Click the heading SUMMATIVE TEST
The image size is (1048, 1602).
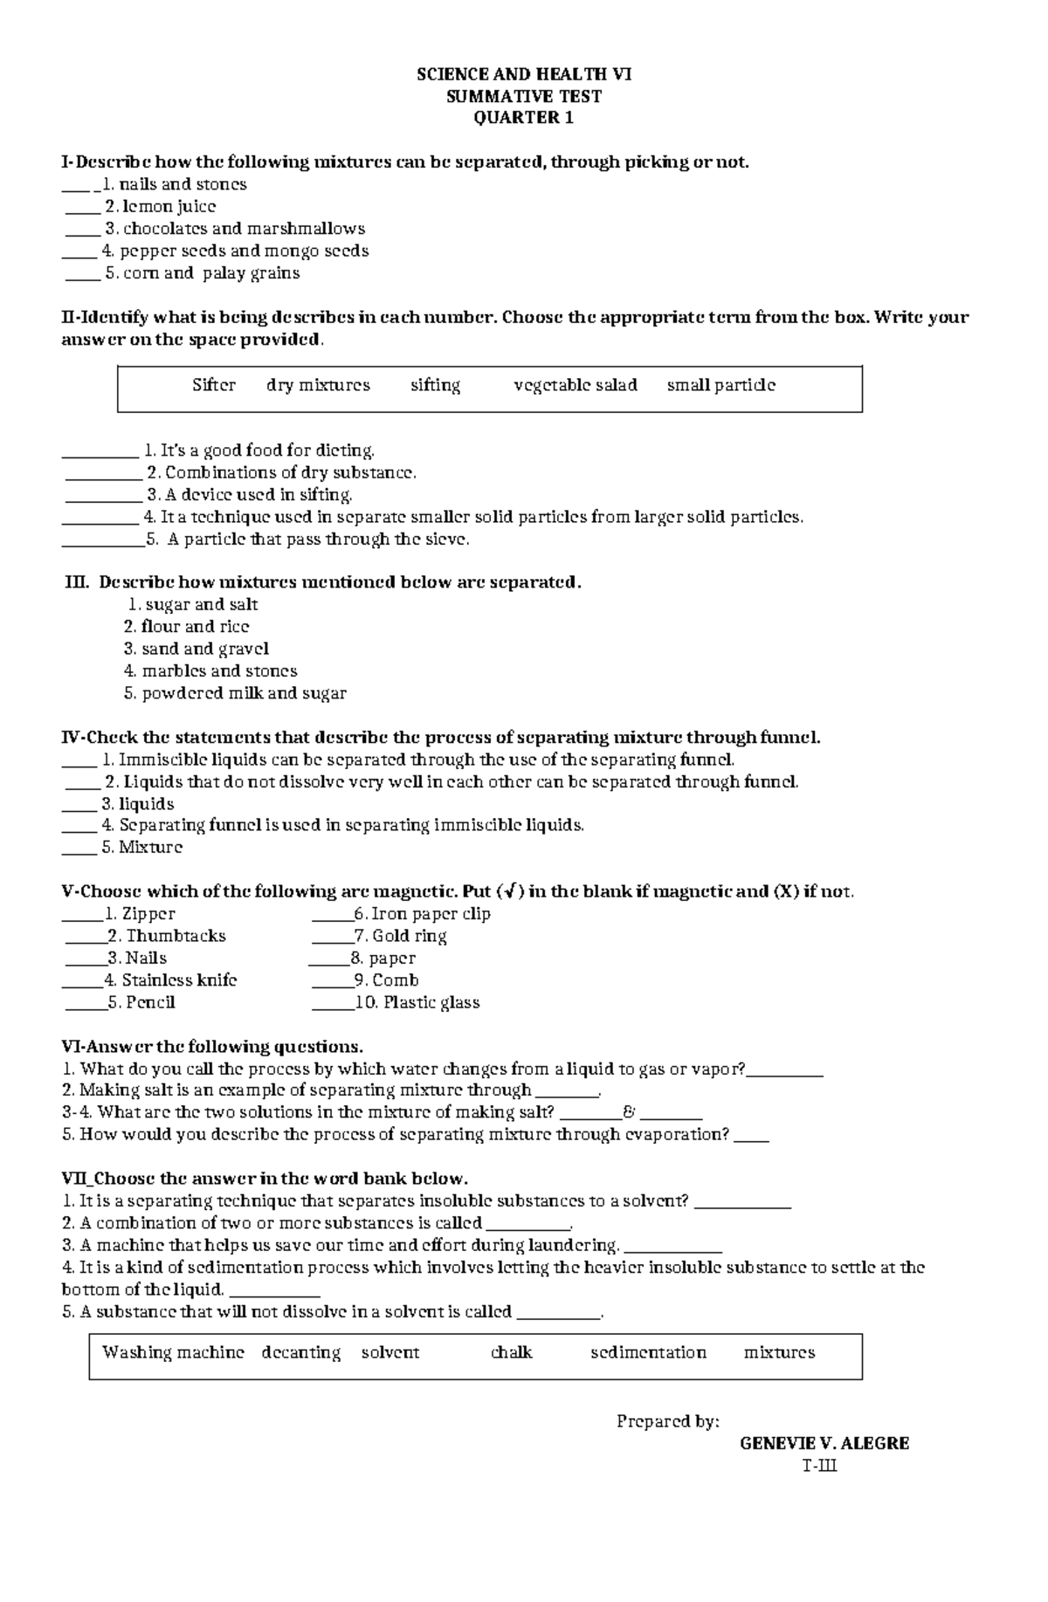(x=523, y=96)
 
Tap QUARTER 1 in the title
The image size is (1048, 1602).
(x=523, y=118)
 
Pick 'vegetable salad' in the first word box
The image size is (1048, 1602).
(x=576, y=385)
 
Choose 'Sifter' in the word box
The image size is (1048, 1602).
(x=214, y=385)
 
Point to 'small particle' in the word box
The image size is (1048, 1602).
(x=720, y=385)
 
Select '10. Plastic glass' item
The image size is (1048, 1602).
(x=417, y=1002)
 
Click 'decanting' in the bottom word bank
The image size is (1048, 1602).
(x=300, y=1352)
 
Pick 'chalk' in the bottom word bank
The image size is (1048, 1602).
(x=511, y=1352)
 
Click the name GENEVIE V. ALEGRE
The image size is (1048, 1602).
(x=824, y=1443)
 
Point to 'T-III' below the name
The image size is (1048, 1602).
(x=819, y=1465)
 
